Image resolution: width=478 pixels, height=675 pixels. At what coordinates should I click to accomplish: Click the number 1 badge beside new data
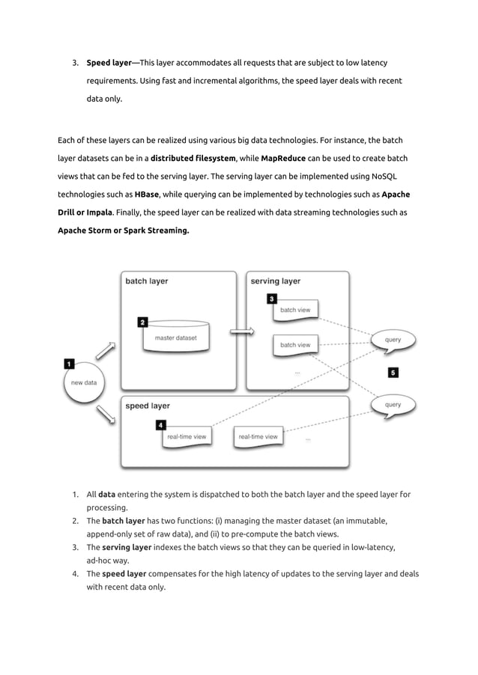pyautogui.click(x=69, y=364)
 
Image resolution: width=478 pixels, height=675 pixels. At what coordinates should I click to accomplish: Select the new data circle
pyautogui.click(x=83, y=382)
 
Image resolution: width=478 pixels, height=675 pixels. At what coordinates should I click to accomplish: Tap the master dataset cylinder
pyautogui.click(x=176, y=339)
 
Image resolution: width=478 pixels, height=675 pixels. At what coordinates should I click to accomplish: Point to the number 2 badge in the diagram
pyautogui.click(x=142, y=323)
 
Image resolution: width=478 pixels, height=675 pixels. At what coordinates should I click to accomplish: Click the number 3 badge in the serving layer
pyautogui.click(x=272, y=299)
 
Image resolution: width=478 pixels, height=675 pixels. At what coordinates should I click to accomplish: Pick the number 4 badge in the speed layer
pyautogui.click(x=161, y=425)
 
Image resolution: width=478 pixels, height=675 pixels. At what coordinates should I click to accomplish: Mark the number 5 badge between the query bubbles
pyautogui.click(x=393, y=372)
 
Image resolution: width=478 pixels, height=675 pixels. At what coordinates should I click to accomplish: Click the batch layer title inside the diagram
pyautogui.click(x=147, y=281)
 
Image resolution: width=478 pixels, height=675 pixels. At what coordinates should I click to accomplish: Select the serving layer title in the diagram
pyautogui.click(x=276, y=281)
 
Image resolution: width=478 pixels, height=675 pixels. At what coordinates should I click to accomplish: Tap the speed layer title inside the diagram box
pyautogui.click(x=148, y=406)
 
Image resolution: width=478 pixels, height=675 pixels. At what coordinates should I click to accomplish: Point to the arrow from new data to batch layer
pyautogui.click(x=106, y=349)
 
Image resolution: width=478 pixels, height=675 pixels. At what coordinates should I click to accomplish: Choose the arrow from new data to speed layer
pyautogui.click(x=106, y=412)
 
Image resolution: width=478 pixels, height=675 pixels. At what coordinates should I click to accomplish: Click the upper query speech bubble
pyautogui.click(x=393, y=340)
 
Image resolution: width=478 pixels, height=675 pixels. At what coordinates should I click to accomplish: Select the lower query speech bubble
pyautogui.click(x=393, y=406)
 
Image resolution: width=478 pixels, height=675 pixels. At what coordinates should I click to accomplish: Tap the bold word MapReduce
pyautogui.click(x=283, y=158)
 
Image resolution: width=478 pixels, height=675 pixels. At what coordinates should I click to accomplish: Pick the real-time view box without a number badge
pyautogui.click(x=258, y=436)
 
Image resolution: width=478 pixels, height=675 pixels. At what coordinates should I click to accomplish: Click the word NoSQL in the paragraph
pyautogui.click(x=384, y=176)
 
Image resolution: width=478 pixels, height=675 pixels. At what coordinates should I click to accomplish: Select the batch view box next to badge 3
pyautogui.click(x=295, y=309)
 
